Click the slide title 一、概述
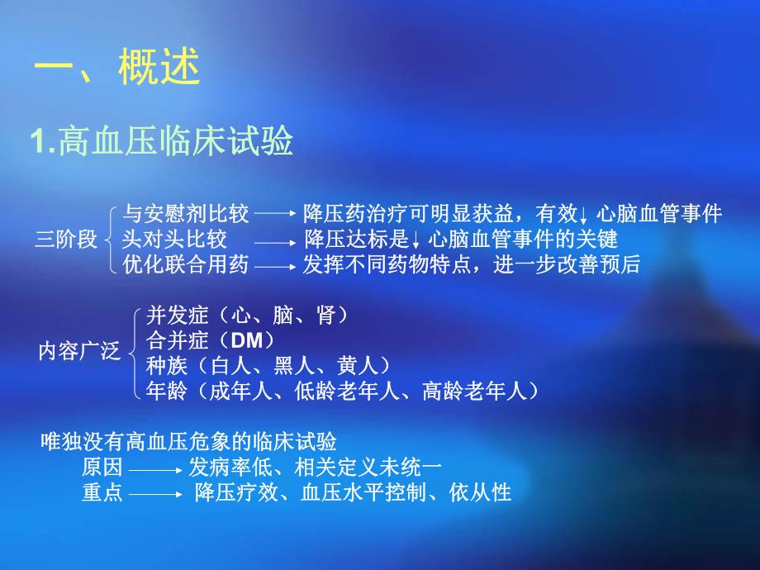pos(116,69)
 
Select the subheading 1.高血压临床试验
pos(162,142)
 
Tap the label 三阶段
pos(65,240)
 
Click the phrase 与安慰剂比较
pos(186,214)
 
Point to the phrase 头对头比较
pos(174,240)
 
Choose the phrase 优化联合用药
pos(186,265)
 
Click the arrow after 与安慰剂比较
pos(274,214)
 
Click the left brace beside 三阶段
pos(111,240)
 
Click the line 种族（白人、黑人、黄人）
pos(268,365)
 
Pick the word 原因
pos(102,467)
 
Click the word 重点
pos(102,493)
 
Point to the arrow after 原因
pos(155,468)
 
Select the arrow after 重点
pos(155,495)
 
